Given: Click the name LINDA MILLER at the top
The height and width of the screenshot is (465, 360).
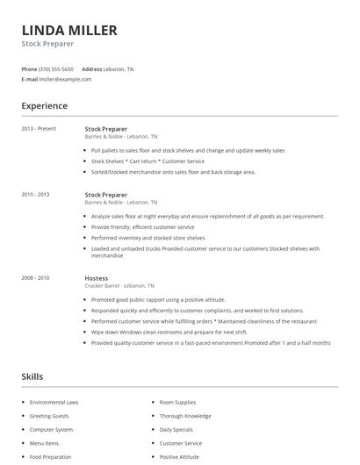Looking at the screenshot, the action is coord(69,31).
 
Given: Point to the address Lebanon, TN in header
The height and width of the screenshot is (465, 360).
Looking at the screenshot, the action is coord(119,68).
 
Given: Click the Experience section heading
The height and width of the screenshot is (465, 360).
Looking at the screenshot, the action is coord(45,106).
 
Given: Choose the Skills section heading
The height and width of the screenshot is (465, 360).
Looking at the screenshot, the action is coord(32,376).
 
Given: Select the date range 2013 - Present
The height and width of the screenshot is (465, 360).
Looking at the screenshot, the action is coord(39,129).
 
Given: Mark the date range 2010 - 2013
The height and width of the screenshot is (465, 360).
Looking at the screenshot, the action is coord(35,195).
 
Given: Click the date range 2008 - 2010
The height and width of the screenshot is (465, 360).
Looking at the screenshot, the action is coord(35,278).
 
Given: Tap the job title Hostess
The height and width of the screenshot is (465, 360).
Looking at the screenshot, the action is coord(97,278).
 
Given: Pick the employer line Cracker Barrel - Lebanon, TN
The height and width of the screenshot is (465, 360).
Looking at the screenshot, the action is coord(119,286).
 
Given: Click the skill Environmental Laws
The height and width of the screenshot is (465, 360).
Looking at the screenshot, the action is coord(54,402).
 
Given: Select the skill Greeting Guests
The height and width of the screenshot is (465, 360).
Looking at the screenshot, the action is coord(49,416).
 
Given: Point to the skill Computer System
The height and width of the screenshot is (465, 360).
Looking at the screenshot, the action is coord(51,430).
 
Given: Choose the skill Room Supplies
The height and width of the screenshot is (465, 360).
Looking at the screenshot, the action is coord(179,402).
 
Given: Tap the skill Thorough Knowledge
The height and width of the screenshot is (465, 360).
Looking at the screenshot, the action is coord(185,416).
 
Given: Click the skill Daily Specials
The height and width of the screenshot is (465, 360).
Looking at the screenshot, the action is coord(176,430).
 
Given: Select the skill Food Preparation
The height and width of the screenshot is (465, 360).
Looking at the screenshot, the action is coord(50,457).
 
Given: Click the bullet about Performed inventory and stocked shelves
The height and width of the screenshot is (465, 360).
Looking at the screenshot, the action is coord(148,238).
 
